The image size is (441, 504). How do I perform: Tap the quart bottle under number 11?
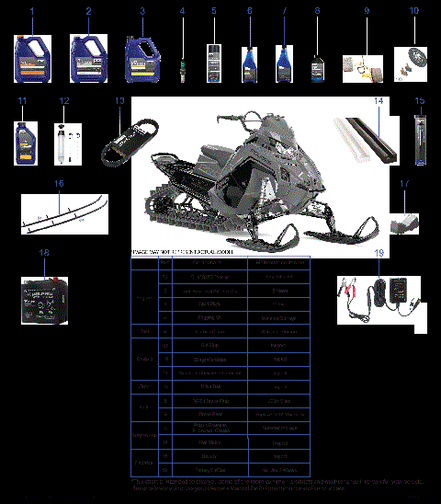[x=23, y=136]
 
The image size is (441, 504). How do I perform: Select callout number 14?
[x=379, y=99]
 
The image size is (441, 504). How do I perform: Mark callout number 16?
[x=59, y=184]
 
